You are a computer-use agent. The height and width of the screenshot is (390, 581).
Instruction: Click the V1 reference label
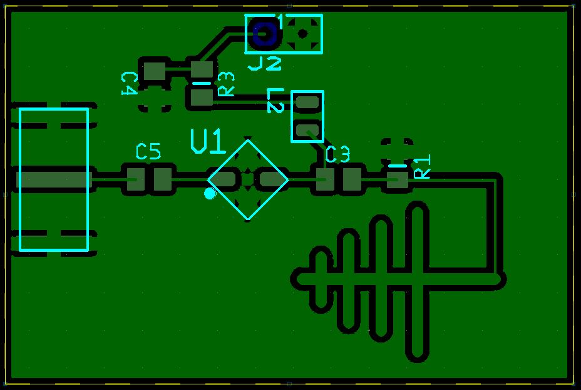point(208,142)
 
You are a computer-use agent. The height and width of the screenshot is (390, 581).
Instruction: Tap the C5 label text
point(148,151)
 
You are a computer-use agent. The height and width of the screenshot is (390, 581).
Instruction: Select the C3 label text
point(338,154)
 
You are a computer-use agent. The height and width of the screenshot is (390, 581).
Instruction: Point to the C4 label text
point(128,82)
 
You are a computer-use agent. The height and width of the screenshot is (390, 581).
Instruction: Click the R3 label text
point(225,84)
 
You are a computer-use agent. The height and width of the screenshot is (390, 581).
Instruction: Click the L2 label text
point(275,100)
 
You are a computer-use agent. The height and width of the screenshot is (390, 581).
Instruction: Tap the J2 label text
point(265,63)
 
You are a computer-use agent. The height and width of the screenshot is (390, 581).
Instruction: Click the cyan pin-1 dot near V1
point(210,194)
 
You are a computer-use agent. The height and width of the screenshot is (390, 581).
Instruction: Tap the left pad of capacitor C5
point(133,180)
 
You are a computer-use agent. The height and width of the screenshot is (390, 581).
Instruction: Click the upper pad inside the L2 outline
point(307,102)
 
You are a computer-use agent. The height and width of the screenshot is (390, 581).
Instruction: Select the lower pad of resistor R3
point(202,97)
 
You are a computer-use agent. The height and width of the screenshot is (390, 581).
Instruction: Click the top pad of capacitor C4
point(153,71)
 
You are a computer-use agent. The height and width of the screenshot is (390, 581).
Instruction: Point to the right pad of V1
point(272,180)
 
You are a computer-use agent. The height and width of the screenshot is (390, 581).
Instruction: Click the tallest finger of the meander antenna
point(418,281)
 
